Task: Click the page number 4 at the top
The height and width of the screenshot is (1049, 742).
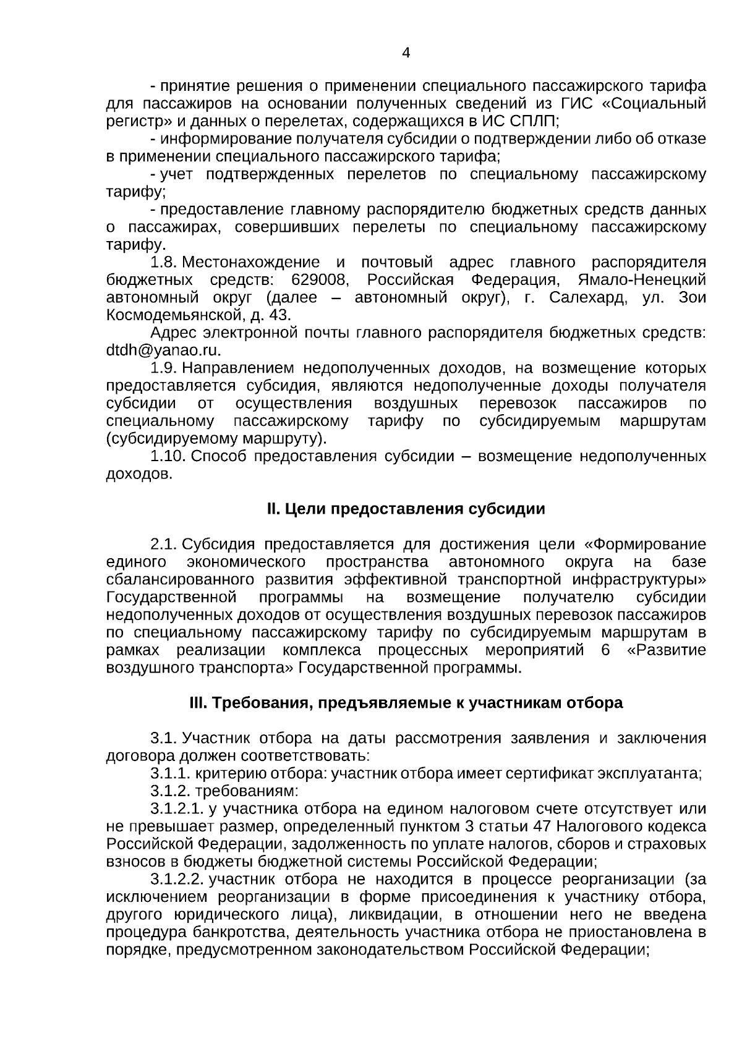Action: (x=406, y=53)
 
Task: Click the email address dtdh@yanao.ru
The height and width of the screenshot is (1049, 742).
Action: (x=163, y=350)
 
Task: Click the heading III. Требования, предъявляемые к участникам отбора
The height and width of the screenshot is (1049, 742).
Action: (x=406, y=703)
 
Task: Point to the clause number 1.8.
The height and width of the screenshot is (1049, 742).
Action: (x=164, y=262)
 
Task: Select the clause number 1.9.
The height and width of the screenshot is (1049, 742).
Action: (x=164, y=368)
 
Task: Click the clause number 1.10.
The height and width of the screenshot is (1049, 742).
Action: (x=168, y=456)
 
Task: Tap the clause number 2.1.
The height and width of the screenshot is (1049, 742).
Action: (x=164, y=545)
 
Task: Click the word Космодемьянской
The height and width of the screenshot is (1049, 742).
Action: (x=176, y=315)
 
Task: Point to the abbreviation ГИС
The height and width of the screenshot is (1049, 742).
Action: (x=575, y=103)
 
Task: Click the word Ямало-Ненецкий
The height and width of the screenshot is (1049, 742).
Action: (x=642, y=280)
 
